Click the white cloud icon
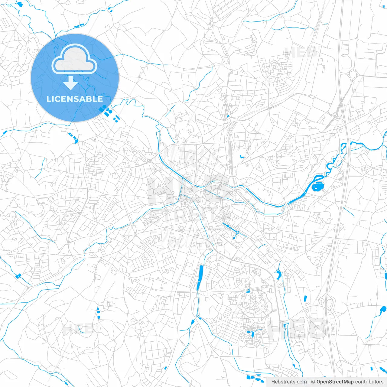(x=74, y=60)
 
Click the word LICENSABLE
(x=75, y=99)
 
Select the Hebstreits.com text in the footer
(x=289, y=382)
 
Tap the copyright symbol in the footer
(x=313, y=382)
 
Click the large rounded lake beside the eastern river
(x=317, y=187)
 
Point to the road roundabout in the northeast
(x=352, y=74)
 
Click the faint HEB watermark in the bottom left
(x=78, y=329)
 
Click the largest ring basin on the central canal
(x=238, y=233)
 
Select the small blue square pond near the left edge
(x=19, y=276)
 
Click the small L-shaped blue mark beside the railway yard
(x=242, y=157)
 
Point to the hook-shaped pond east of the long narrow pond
(x=278, y=274)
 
